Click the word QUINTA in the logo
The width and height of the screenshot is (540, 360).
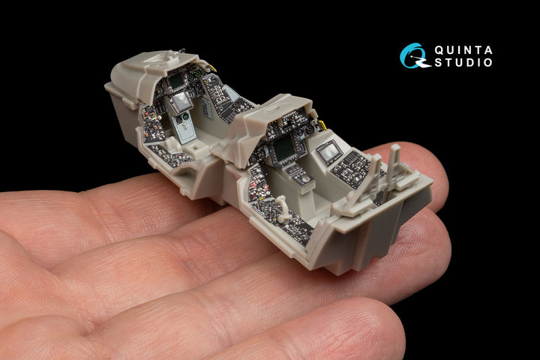point(463,50)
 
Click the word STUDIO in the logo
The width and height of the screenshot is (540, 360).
point(463,62)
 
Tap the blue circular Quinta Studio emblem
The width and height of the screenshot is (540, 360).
point(413,55)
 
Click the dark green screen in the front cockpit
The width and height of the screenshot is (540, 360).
point(175,82)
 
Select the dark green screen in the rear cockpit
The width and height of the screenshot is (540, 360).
point(283,149)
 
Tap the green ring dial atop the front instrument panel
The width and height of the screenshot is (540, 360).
point(198,73)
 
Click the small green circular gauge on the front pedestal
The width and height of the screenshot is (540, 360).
point(185,117)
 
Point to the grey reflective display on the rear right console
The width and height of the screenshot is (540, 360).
point(329,151)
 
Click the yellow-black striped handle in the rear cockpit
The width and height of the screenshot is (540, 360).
point(322,125)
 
